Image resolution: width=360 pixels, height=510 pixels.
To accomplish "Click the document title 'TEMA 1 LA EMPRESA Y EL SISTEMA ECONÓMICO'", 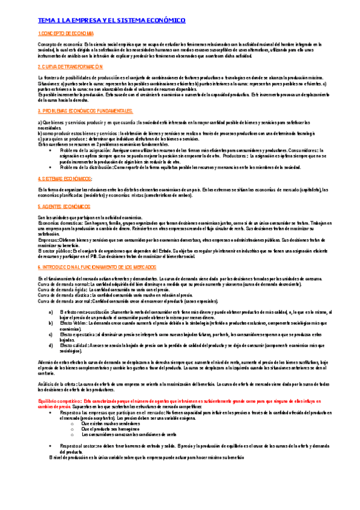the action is tap(111, 20).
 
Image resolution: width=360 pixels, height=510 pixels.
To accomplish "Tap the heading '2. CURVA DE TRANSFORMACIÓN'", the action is tap(70, 67).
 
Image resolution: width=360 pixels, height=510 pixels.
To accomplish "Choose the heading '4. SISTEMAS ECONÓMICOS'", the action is tap(65, 179).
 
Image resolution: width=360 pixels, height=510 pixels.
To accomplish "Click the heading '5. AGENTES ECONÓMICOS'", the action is tap(64, 206).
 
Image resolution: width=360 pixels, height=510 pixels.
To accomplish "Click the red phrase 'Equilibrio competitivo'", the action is tap(59, 400).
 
